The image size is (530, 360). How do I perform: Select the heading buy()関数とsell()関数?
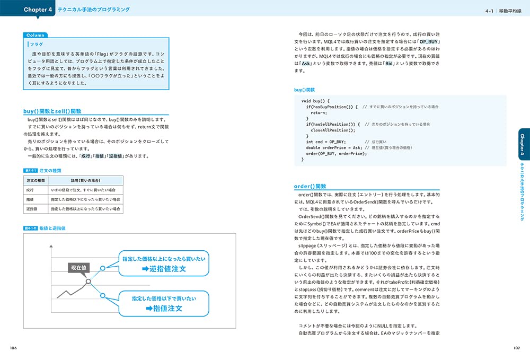[x=52, y=111]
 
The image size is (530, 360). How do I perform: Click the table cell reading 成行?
[x=30, y=190]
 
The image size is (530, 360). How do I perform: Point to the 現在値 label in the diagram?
[x=79, y=268]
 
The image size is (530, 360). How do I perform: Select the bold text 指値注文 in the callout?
[x=164, y=308]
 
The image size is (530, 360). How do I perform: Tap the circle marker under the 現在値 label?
[x=89, y=281]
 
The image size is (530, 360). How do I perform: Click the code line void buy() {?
[x=315, y=101]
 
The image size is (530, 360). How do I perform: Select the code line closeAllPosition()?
[x=332, y=130]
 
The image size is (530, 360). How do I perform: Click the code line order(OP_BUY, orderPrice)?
[x=336, y=154]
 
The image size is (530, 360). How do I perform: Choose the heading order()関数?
[x=310, y=187]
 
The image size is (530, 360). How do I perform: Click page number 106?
[x=13, y=348]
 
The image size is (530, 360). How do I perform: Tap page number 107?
[x=517, y=348]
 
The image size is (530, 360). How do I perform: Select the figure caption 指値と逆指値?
[x=52, y=228]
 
